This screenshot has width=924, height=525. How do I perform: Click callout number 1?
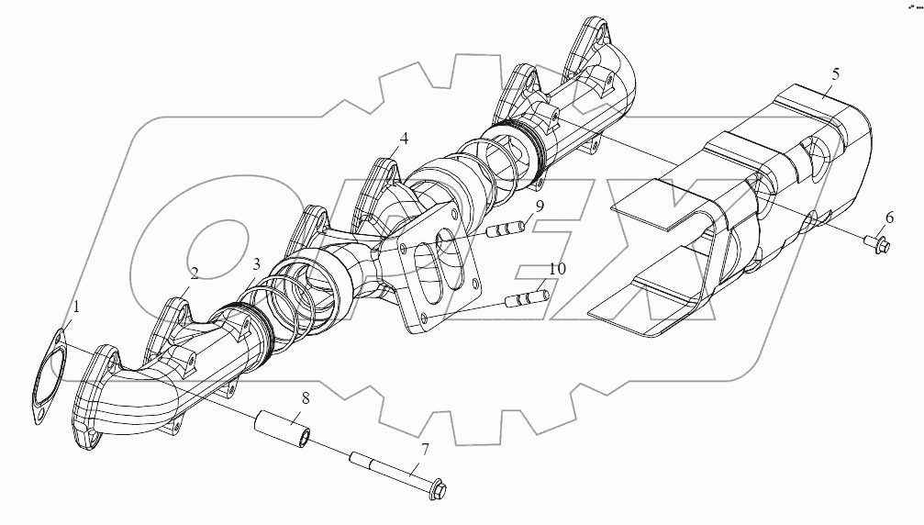(76, 307)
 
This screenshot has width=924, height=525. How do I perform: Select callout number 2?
(194, 273)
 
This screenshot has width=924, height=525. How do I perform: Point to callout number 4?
(403, 140)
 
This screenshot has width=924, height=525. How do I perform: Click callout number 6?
(887, 218)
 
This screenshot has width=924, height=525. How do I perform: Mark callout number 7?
(424, 451)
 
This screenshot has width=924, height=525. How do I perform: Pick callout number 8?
(304, 400)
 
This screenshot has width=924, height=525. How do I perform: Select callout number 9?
(540, 207)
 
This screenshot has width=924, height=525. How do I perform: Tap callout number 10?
(557, 269)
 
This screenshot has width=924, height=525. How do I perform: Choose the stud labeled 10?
(527, 299)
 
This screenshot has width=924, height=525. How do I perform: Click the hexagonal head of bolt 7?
(434, 488)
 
